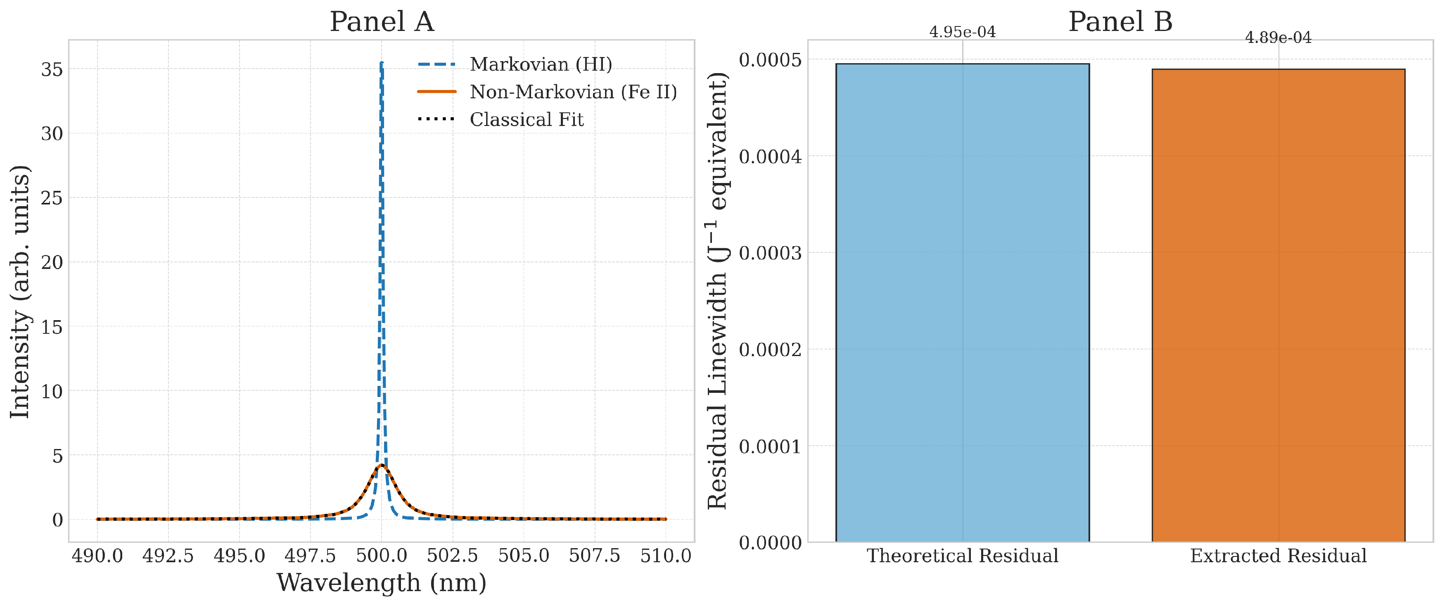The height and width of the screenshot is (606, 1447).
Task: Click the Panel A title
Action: coord(382,22)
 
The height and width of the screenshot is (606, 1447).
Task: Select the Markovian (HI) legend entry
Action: coord(541,64)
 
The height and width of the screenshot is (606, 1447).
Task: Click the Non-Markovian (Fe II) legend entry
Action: coord(573,92)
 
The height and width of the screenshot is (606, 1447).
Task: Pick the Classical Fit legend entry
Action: coord(527,119)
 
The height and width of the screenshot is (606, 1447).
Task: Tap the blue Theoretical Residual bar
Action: coord(962,304)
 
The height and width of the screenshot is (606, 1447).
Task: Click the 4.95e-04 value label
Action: coord(962,32)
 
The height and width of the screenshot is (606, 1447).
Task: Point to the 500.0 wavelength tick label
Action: coord(382,556)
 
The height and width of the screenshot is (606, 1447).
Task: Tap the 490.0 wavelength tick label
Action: coord(97,556)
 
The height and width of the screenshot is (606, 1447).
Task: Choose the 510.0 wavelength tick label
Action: coord(666,556)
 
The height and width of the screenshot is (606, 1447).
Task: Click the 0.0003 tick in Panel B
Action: coord(770,253)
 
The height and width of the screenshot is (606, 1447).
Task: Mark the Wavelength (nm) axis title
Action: coord(382,583)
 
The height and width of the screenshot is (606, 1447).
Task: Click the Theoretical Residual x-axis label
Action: coord(962,556)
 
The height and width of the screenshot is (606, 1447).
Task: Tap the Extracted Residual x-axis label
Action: coord(1278,556)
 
